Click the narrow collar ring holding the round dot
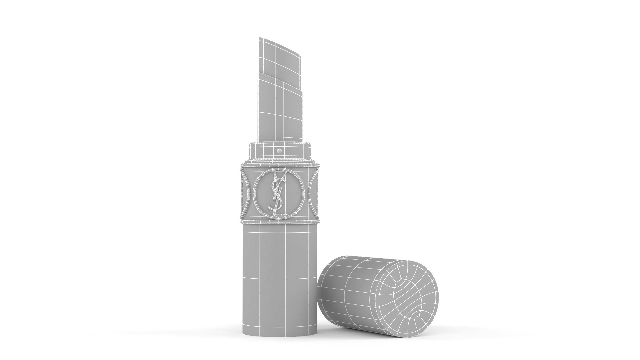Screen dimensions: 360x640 point(263,152)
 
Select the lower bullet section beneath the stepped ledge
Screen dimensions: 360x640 point(280,110)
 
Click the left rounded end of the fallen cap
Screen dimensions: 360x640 point(322,293)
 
